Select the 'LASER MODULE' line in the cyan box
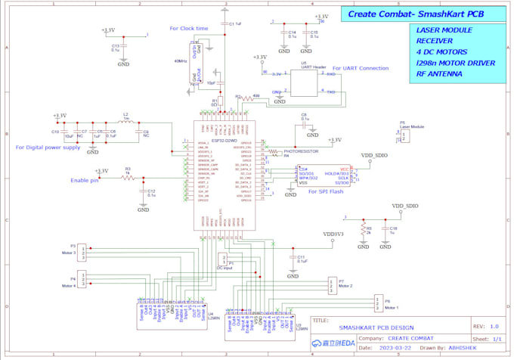coord(444,30)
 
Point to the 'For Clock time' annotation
coord(189,29)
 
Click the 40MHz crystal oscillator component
coord(197,61)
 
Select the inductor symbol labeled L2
coord(126,121)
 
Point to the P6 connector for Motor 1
coord(377,304)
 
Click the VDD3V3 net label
coord(333,234)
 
